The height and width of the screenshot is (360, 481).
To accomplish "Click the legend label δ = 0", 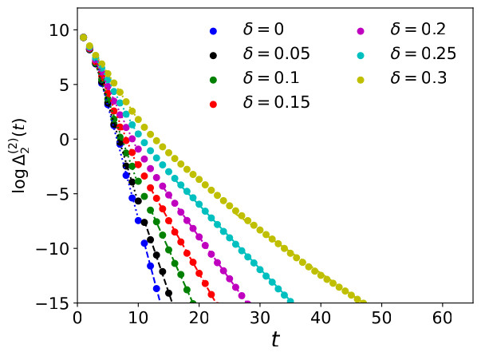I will click(x=262, y=30).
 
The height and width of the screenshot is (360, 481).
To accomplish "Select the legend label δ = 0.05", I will click(x=276, y=54).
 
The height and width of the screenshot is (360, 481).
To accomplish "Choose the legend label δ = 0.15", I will click(x=276, y=102).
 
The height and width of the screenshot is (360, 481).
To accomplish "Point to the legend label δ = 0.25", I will click(x=423, y=54).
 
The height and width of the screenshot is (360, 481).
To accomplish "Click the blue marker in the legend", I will click(x=213, y=31).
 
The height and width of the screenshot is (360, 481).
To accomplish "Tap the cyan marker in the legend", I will click(x=361, y=55).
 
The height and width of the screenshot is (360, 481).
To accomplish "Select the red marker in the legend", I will click(x=213, y=103).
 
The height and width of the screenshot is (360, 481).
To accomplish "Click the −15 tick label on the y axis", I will click(x=54, y=303).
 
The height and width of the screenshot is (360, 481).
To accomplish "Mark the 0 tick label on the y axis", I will click(x=65, y=139).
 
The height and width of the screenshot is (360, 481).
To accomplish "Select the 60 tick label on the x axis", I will click(x=441, y=318).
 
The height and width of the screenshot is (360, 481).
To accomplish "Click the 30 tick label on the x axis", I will click(x=259, y=318).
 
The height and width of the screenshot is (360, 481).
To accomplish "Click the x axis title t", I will click(x=275, y=340).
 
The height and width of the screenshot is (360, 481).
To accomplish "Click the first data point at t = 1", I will click(x=84, y=37).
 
